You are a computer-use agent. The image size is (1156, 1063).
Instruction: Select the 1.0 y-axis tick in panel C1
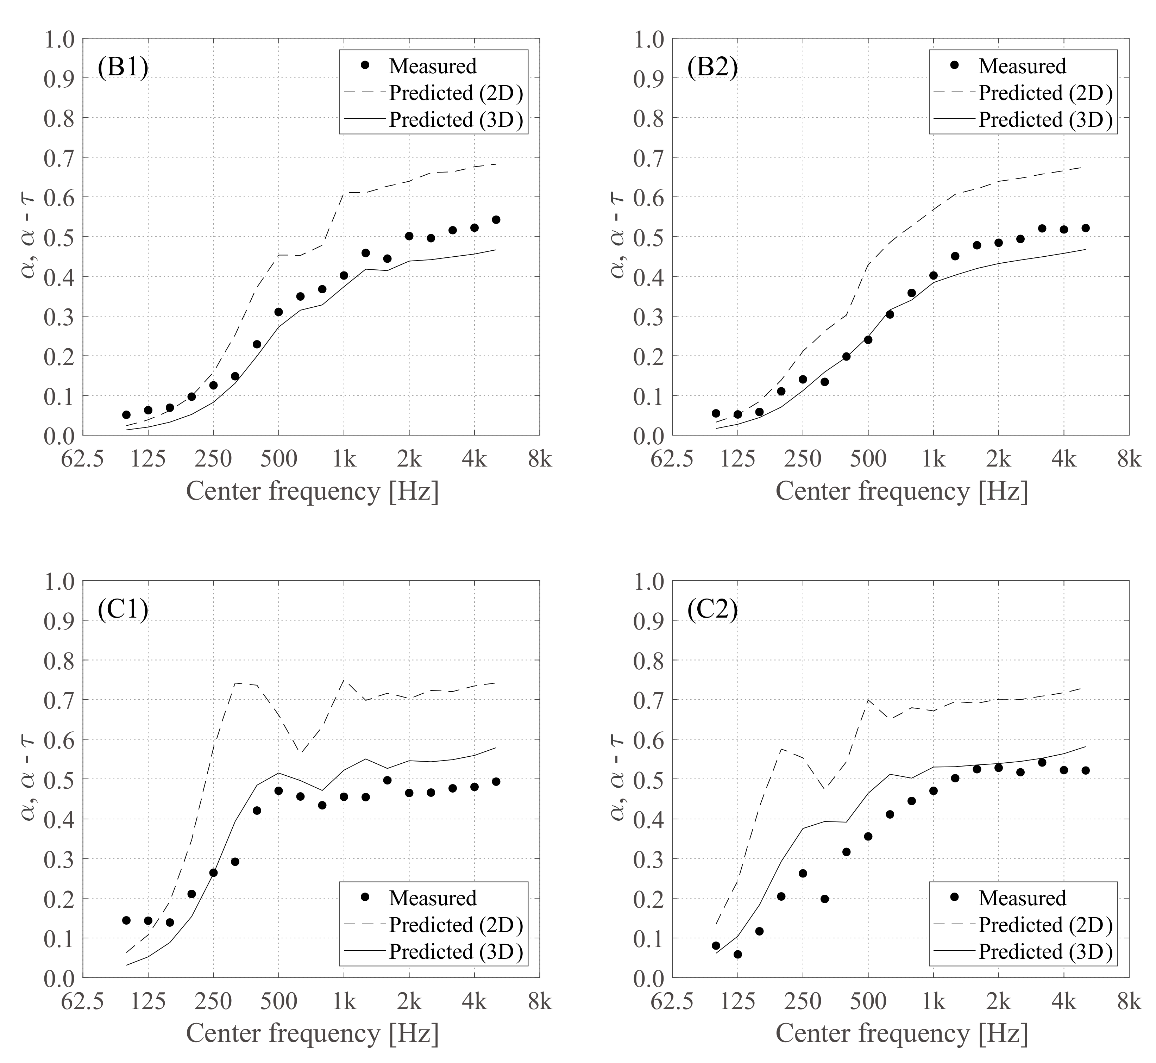59,581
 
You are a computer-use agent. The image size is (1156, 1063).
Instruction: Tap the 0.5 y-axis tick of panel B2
649,236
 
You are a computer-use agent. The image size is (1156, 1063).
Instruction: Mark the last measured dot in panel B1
496,220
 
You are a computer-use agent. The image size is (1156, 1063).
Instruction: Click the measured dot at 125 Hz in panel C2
738,954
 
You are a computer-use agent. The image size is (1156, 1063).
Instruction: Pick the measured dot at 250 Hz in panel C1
213,873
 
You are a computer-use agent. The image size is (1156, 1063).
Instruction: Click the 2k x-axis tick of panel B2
998,459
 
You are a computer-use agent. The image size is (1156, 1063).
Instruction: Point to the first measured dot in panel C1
126,920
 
